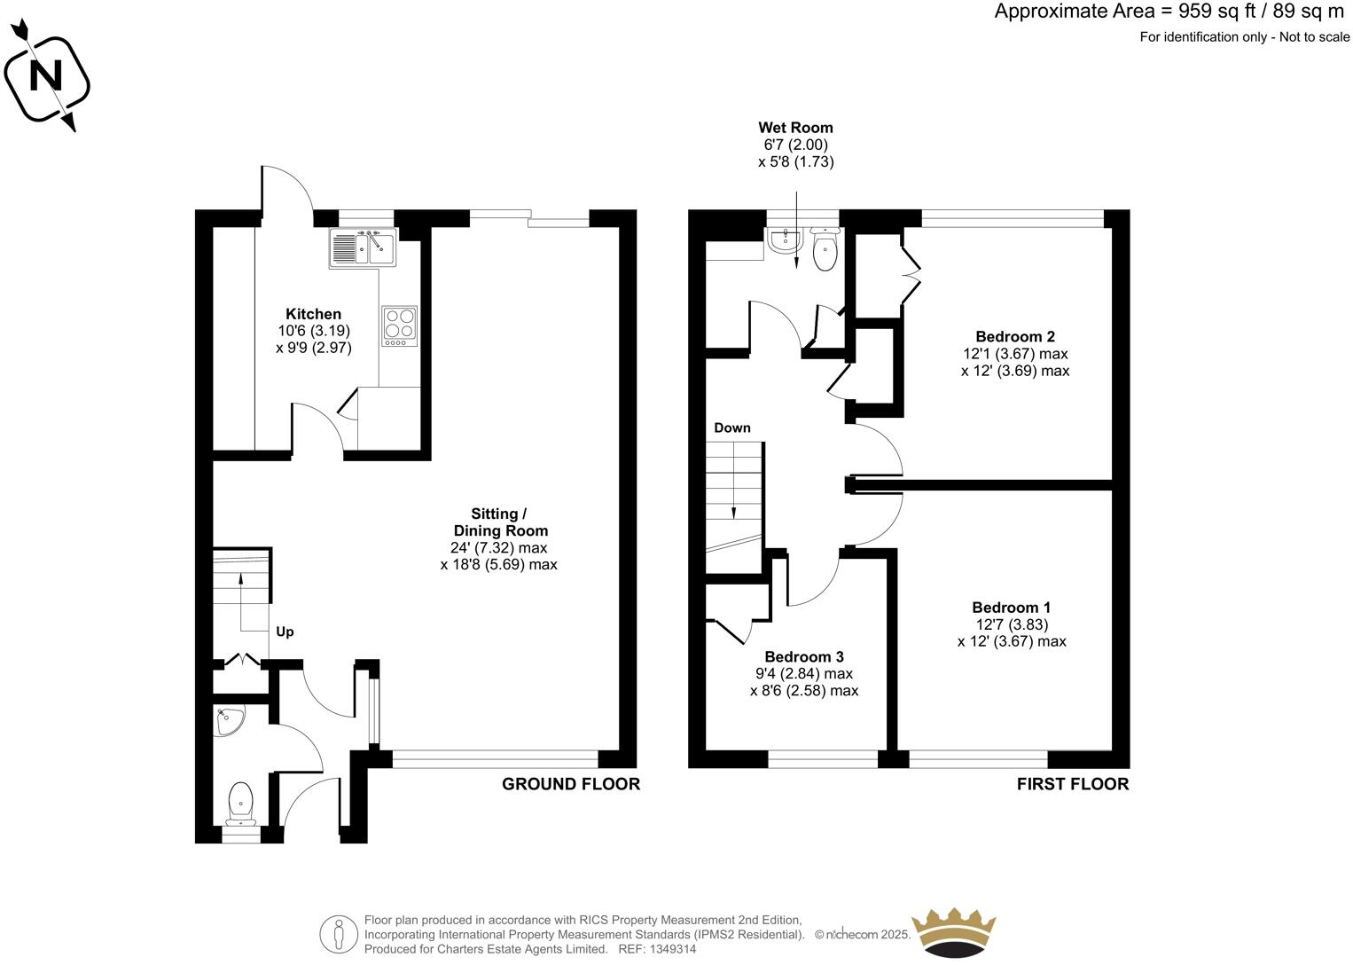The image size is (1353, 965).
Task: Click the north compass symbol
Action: tap(46, 78)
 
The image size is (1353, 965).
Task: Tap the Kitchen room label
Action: tap(313, 314)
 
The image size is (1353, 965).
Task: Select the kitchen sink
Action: tap(364, 247)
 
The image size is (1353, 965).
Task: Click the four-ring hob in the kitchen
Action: tap(399, 326)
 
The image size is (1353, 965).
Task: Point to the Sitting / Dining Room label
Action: tap(498, 522)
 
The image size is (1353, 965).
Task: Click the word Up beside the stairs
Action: tap(285, 632)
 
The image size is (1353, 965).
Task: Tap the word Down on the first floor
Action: tap(732, 428)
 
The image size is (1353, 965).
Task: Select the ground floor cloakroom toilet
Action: tap(240, 803)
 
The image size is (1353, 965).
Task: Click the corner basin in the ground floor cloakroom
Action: tap(230, 721)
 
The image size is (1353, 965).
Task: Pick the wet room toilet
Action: tap(825, 251)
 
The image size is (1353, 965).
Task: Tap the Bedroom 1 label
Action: tap(1011, 608)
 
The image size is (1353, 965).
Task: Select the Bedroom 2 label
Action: tap(1014, 336)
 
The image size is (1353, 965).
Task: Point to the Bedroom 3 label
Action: tap(803, 656)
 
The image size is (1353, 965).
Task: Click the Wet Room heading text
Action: tap(795, 128)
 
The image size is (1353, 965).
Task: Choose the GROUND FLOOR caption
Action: tap(570, 784)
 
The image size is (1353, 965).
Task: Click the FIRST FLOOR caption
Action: tap(1072, 784)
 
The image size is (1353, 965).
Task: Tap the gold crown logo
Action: tap(954, 931)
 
